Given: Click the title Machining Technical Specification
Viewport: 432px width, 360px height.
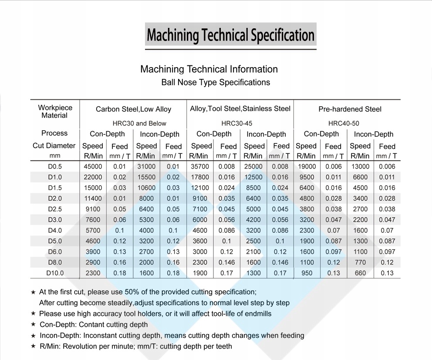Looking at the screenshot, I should [x=230, y=34].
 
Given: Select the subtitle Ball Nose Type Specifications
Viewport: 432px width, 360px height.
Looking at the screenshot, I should [x=216, y=82].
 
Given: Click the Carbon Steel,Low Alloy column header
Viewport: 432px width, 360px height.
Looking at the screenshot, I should [x=133, y=109].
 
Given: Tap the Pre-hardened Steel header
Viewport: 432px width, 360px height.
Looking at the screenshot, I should [x=350, y=109].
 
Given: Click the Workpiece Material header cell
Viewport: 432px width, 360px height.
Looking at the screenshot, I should [x=55, y=112].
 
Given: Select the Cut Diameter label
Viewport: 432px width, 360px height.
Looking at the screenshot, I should [x=54, y=146].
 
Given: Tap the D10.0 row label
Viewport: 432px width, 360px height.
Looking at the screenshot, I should [x=55, y=273].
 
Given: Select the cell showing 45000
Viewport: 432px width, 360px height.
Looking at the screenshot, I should [x=93, y=166].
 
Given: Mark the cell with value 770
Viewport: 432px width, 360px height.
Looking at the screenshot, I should [x=360, y=262].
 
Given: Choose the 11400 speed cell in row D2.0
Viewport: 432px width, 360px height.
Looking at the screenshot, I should [x=93, y=199].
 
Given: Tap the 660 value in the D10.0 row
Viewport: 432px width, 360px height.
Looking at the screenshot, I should [x=360, y=273].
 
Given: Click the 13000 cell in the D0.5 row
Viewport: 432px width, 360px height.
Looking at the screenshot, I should [x=360, y=166].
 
